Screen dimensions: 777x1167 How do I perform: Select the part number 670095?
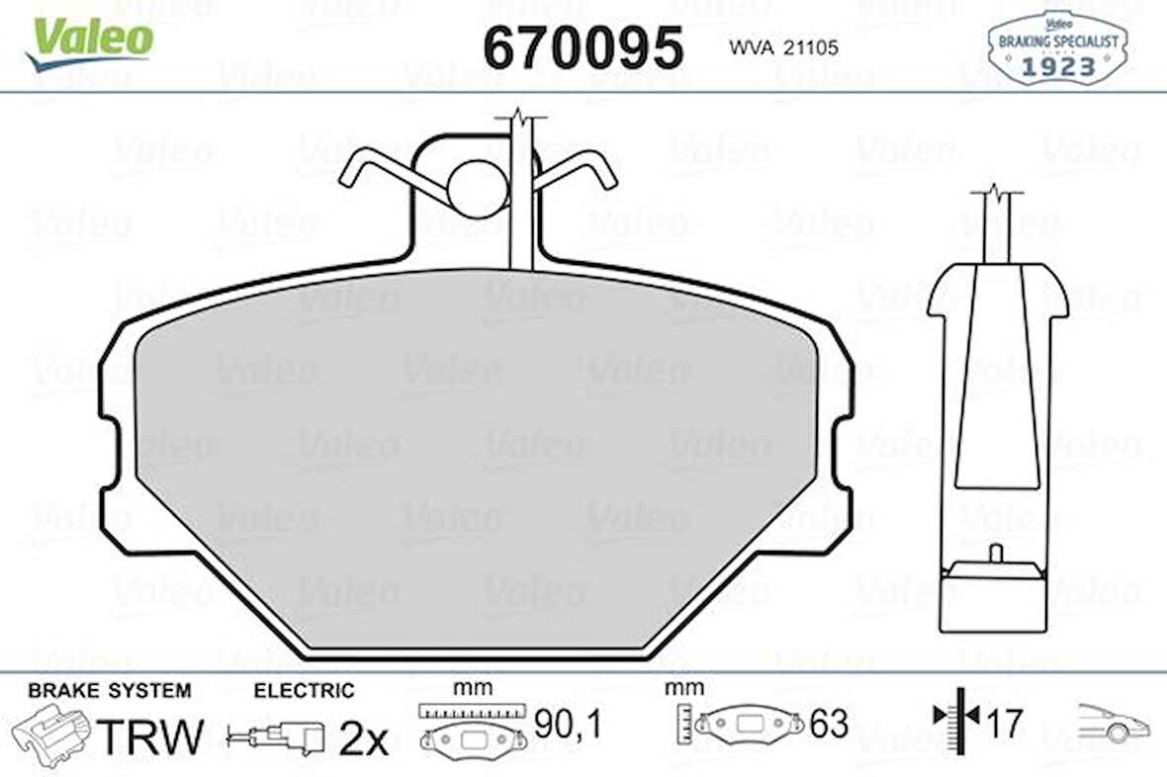(x=583, y=46)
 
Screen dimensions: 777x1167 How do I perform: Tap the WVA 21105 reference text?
(x=783, y=47)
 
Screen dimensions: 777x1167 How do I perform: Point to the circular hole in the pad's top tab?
(x=476, y=188)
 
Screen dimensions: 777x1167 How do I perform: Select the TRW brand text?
(x=151, y=736)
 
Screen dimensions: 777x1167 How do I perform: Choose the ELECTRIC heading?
(x=304, y=690)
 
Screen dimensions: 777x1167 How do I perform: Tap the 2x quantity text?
(x=364, y=738)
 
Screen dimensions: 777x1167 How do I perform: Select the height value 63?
(x=829, y=724)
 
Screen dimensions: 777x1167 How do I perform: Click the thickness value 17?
(x=1004, y=724)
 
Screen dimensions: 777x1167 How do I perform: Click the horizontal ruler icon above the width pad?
(x=469, y=710)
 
